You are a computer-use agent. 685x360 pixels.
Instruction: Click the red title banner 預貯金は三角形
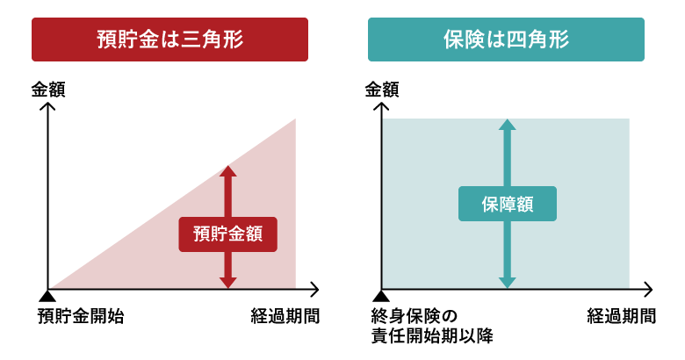[x=169, y=40]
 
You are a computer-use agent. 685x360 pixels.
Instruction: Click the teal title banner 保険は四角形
[x=506, y=40]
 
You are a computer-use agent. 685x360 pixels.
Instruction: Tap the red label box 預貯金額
[x=227, y=234]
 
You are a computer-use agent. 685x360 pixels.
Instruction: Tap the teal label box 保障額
[x=507, y=204]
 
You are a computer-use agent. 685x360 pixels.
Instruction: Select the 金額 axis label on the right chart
[x=382, y=89]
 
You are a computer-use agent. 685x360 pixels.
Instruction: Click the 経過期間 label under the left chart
[x=285, y=316]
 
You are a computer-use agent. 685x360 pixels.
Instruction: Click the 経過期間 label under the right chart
[x=621, y=316]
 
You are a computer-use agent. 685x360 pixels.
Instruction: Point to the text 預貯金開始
[x=81, y=316]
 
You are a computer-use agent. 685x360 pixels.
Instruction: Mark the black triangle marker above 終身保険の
[x=380, y=295]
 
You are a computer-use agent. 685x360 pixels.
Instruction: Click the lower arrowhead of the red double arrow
[x=228, y=283]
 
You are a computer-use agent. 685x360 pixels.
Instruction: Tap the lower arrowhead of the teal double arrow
[x=507, y=283]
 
